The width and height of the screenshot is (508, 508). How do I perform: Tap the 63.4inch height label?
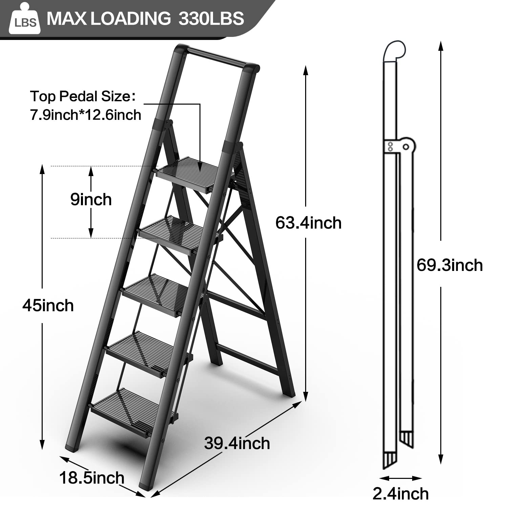point(308,223)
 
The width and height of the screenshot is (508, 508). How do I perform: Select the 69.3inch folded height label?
point(449,265)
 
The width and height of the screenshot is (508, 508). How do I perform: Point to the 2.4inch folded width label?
point(400,493)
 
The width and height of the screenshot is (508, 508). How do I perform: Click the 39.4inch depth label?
point(237,443)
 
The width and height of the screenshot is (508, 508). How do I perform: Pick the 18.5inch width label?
point(92,478)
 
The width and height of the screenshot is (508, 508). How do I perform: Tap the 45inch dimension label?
point(48,305)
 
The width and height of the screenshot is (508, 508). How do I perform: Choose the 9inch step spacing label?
point(91,199)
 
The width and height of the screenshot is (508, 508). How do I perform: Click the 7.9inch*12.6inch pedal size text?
point(85,115)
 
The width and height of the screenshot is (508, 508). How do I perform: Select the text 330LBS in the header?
point(211,18)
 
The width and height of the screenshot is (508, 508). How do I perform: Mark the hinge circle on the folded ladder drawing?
point(406,146)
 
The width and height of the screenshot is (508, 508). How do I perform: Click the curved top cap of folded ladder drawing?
point(395,51)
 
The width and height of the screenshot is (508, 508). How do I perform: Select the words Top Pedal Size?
point(80,97)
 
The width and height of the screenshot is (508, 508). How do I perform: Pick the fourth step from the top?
point(142,352)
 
